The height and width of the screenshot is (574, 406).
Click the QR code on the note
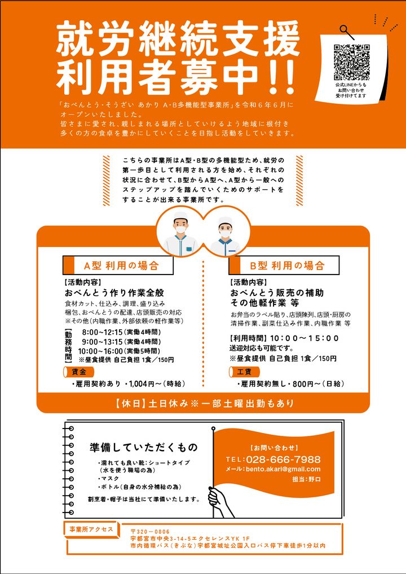(x=351, y=62)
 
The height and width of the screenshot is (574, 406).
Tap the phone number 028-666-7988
(x=283, y=460)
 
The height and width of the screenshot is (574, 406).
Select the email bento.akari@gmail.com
(x=283, y=469)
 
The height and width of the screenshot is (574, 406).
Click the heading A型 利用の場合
(x=122, y=266)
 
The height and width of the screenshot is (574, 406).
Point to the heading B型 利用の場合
(x=288, y=266)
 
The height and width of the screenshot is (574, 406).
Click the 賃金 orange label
(x=79, y=372)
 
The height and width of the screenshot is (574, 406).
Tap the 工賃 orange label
(x=244, y=372)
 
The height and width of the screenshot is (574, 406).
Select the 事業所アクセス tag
(x=91, y=529)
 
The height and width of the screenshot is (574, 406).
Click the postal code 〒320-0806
(x=151, y=532)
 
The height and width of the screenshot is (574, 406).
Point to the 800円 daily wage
(x=303, y=384)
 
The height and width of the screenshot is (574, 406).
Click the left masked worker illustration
(x=180, y=233)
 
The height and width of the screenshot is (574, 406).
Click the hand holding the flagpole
(x=218, y=501)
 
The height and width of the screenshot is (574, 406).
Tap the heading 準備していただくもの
(x=144, y=447)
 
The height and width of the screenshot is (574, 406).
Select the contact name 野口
(x=315, y=479)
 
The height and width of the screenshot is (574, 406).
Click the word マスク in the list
(x=111, y=479)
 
